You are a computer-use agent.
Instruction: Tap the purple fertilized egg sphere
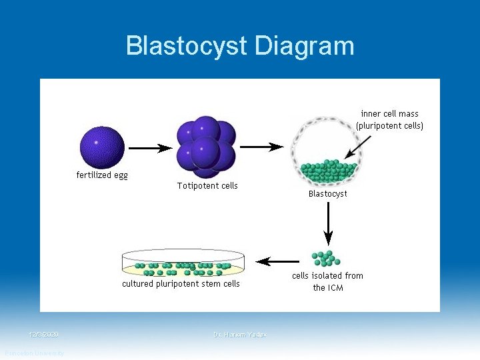[x=102, y=147]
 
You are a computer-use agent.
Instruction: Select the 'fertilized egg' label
[x=101, y=175]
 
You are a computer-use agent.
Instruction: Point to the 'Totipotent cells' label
[x=207, y=185]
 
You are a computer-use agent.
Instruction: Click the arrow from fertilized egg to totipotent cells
[x=150, y=148]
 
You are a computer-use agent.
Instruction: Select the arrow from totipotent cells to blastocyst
[x=261, y=147]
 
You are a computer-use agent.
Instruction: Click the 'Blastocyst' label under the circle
[x=327, y=194]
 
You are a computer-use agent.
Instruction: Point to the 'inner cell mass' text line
[x=389, y=114]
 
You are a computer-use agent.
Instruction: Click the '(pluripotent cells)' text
[x=389, y=125]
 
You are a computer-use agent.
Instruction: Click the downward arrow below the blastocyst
[x=327, y=223]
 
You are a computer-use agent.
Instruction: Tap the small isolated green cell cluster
[x=326, y=257]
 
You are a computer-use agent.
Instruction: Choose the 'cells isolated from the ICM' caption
[x=327, y=281]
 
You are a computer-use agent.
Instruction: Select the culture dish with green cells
[x=183, y=263]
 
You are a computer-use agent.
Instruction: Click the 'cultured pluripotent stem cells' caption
[x=181, y=284]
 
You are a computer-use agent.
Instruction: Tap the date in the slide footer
[x=44, y=334]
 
